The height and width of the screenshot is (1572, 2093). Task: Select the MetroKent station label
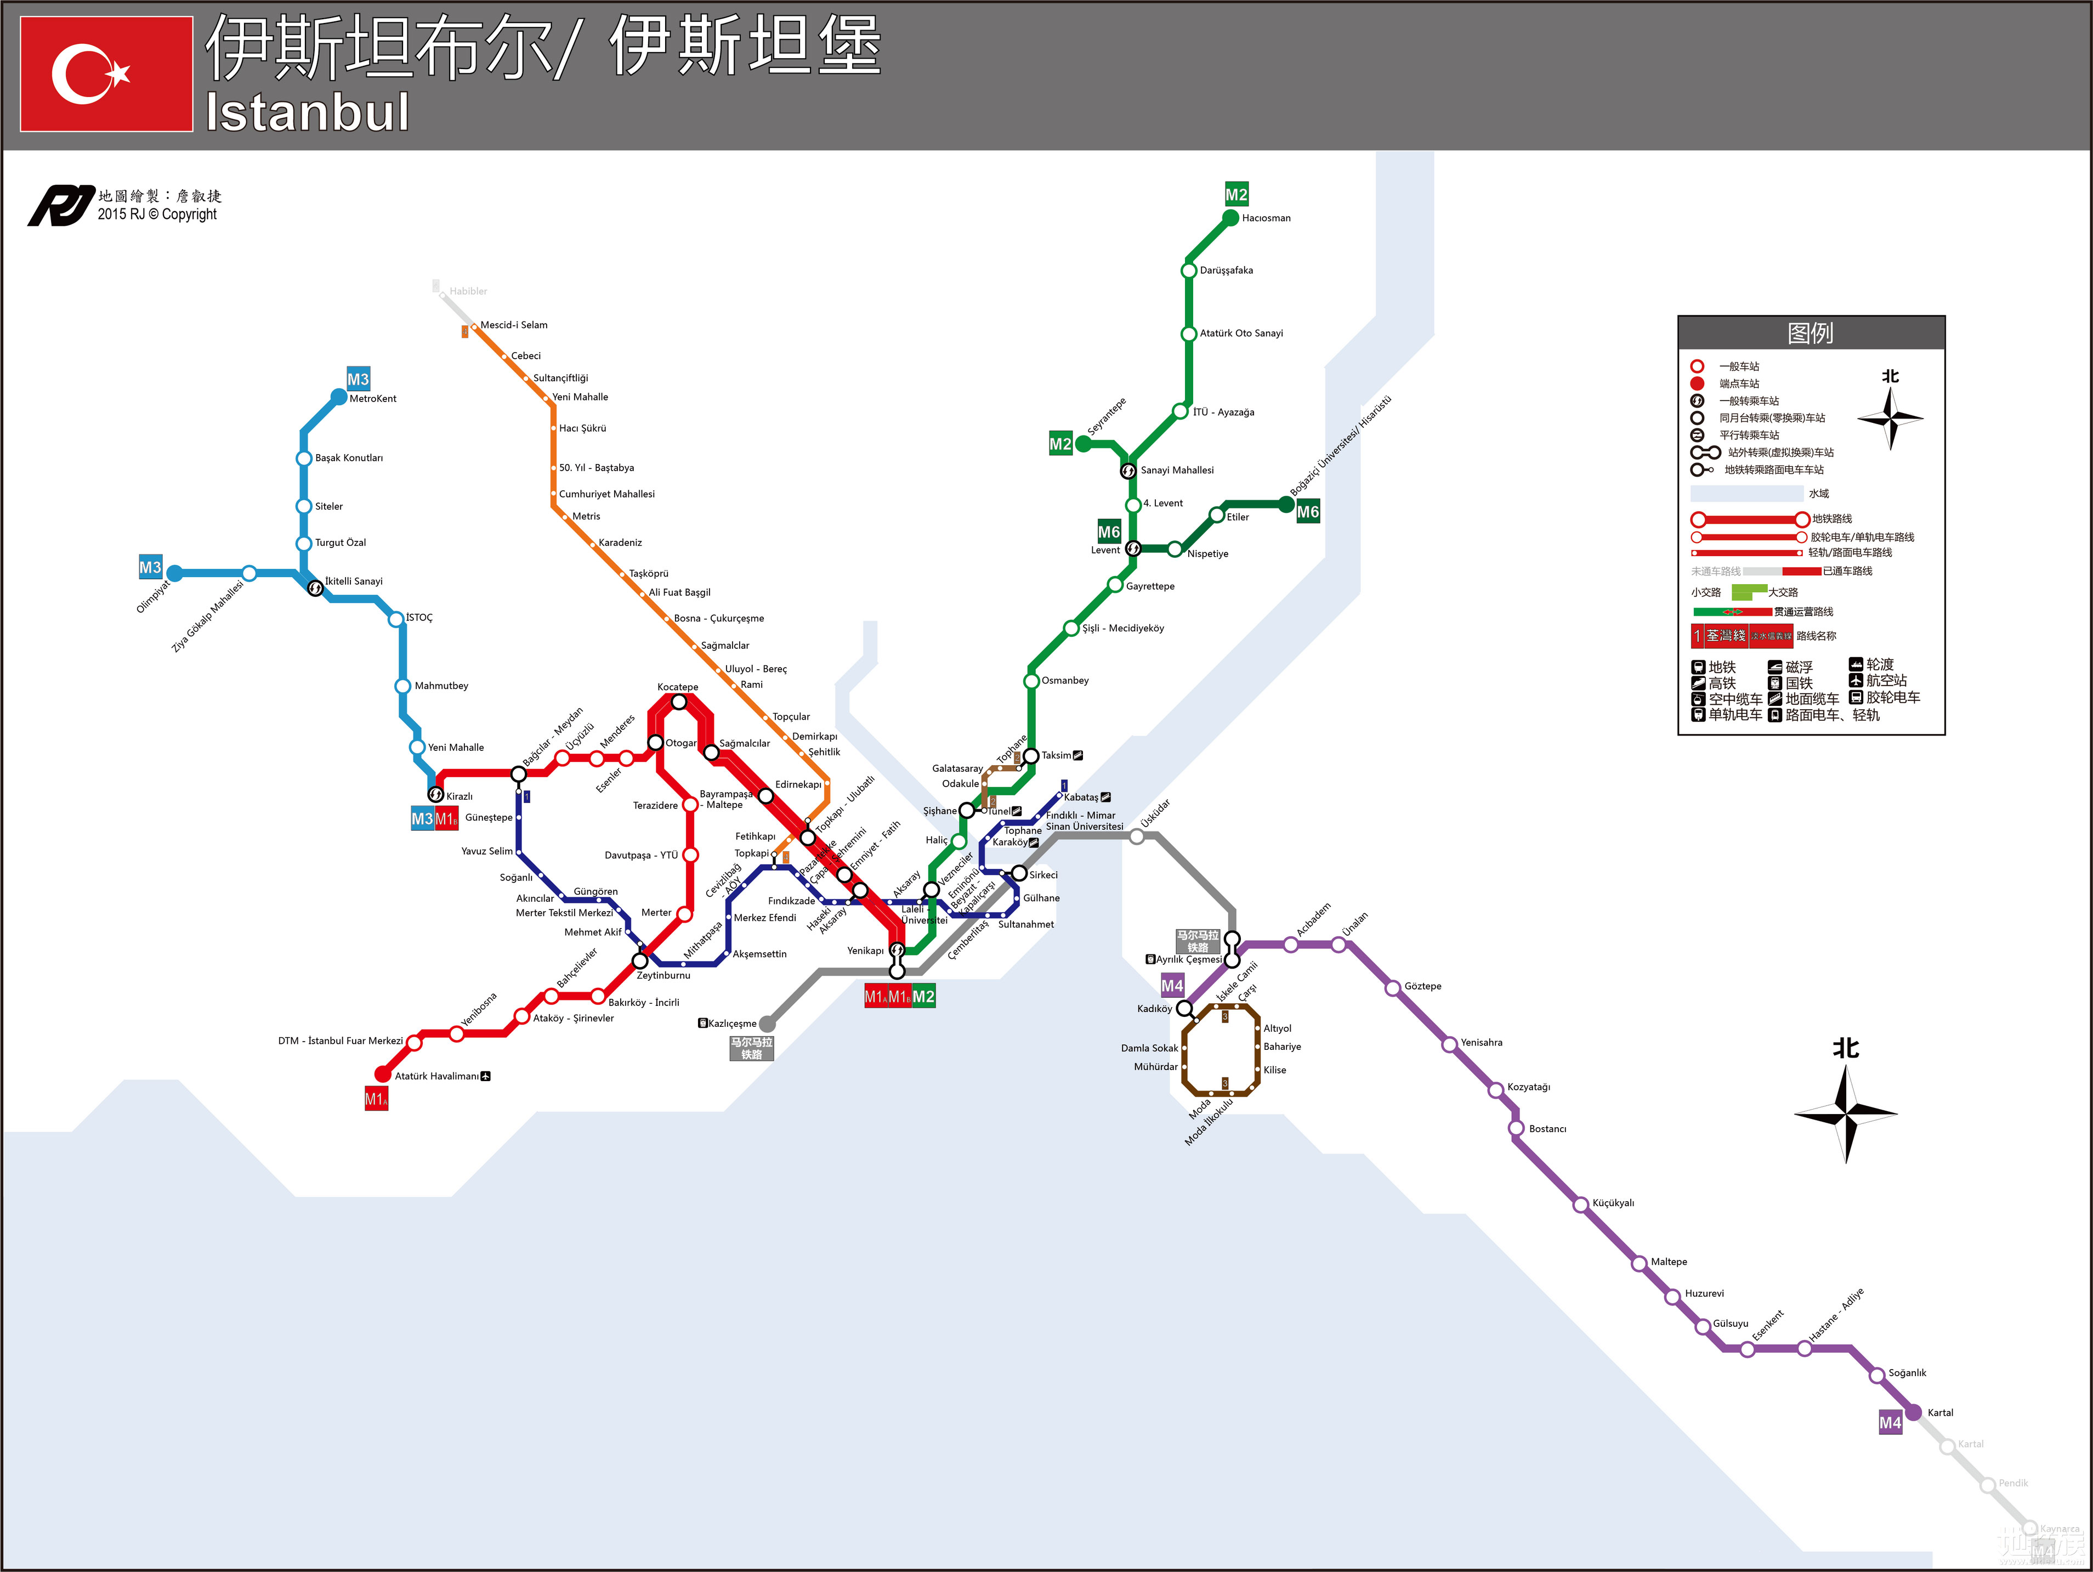[x=373, y=398]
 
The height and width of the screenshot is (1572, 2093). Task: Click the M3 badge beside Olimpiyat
[x=150, y=567]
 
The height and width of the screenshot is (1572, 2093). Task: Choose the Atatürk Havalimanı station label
[x=436, y=1076]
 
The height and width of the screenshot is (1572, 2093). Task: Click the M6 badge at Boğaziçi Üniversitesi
[x=1308, y=512]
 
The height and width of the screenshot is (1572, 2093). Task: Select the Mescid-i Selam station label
[x=514, y=325]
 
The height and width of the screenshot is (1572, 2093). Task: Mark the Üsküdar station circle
[x=1136, y=836]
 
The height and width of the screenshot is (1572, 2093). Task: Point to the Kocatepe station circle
[x=678, y=702]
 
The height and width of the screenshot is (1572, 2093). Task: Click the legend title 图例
[x=1810, y=333]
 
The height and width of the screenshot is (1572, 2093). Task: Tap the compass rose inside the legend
[x=1890, y=417]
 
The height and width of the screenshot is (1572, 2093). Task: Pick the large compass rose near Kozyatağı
[x=1845, y=1112]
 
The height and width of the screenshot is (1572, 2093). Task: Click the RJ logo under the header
[x=60, y=205]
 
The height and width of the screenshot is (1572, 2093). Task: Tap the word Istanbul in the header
[x=308, y=112]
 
